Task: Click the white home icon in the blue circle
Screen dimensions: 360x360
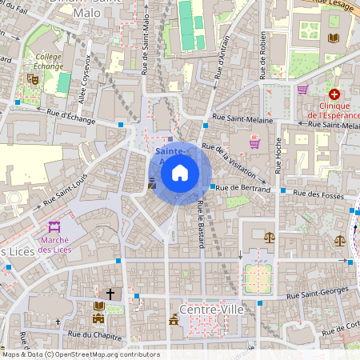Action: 180,172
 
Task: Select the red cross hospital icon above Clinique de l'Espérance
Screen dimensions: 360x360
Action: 334,94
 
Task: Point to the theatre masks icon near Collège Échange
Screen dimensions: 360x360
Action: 32,78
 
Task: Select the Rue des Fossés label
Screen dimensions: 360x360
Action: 318,193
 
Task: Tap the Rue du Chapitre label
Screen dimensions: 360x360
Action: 88,334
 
